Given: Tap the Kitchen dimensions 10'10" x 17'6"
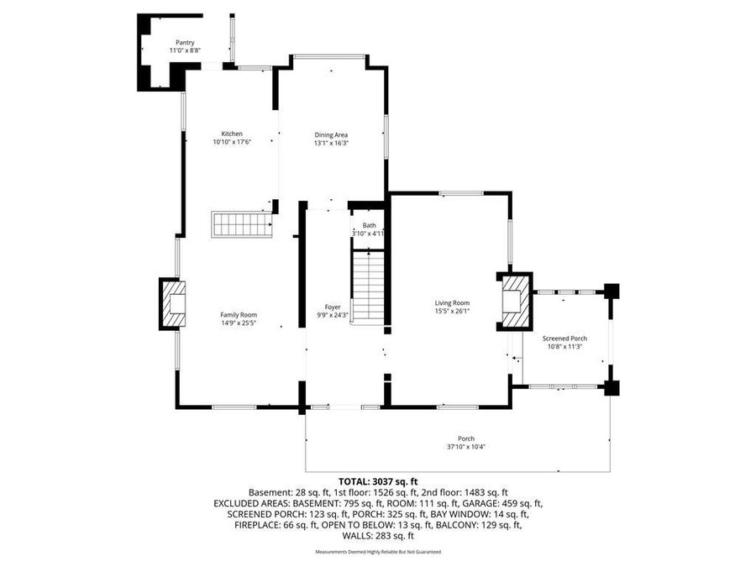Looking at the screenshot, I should click(232, 143).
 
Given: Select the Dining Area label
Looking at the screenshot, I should click(331, 134).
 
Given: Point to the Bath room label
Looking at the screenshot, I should click(369, 225).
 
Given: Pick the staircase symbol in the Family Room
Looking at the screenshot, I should click(242, 224).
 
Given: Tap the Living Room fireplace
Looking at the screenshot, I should click(513, 300).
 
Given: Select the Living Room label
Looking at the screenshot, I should click(452, 303).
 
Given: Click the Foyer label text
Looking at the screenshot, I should click(333, 307).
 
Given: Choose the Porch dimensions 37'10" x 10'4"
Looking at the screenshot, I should click(465, 447).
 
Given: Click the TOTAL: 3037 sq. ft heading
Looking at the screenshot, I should click(377, 481).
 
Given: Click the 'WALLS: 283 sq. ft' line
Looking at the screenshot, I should click(377, 535).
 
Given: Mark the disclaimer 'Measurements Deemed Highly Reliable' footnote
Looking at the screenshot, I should click(377, 552).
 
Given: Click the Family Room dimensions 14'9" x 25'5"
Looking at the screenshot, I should click(239, 323).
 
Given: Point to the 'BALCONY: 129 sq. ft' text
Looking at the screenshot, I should click(482, 524).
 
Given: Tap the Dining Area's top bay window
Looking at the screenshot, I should click(329, 56).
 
